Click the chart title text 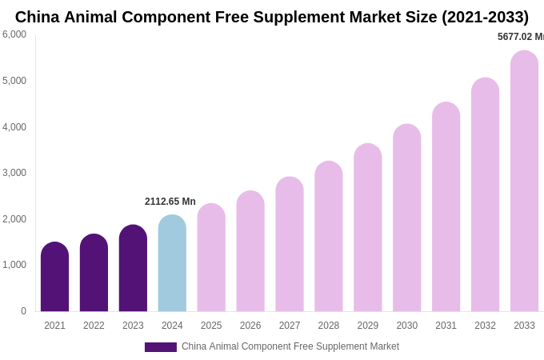(x=272, y=17)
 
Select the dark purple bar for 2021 (x=54, y=277)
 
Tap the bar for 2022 (x=94, y=273)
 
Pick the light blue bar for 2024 (x=172, y=263)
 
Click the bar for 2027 (x=290, y=244)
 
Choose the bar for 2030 (x=406, y=218)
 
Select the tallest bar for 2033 (x=524, y=181)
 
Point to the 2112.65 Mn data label (x=170, y=202)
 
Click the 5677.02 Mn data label (x=520, y=37)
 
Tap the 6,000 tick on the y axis (x=14, y=34)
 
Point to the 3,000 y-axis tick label (x=14, y=173)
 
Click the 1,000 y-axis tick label (x=14, y=265)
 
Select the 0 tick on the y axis (x=23, y=311)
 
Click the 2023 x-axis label (x=133, y=326)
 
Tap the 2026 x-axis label (x=250, y=326)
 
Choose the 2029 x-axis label (x=368, y=326)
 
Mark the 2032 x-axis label (x=485, y=326)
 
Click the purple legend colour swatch (x=161, y=347)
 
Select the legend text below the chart (x=290, y=346)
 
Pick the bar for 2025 (x=211, y=258)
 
